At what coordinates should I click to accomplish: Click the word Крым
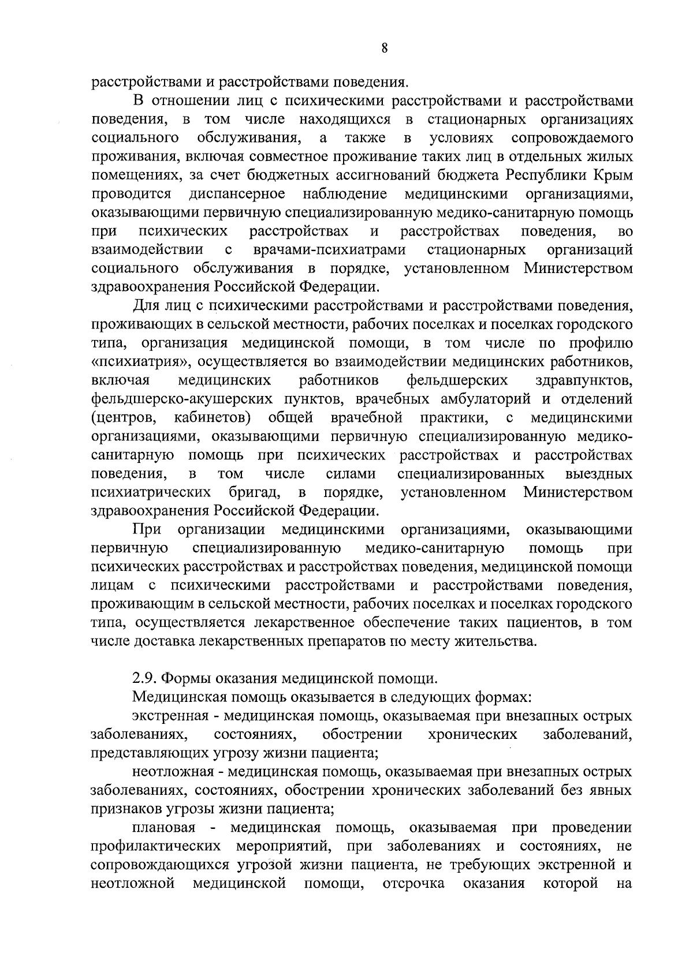(611, 175)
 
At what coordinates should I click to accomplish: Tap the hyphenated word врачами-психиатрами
(329, 250)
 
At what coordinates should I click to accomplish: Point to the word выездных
(599, 474)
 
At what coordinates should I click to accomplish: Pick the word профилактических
(156, 847)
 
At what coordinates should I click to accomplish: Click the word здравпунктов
(583, 380)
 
